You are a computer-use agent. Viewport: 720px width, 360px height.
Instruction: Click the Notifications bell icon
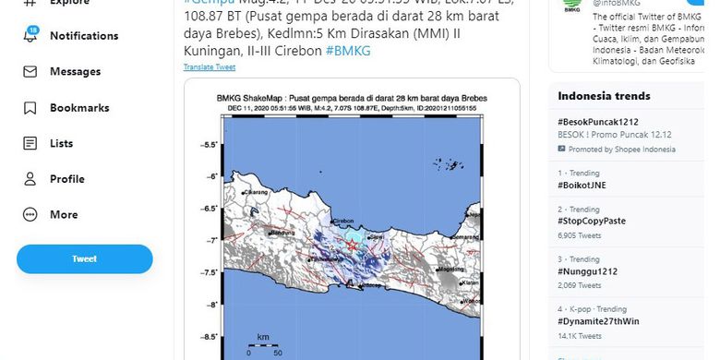(x=30, y=36)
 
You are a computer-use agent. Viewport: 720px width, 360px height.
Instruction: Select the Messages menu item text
(x=76, y=72)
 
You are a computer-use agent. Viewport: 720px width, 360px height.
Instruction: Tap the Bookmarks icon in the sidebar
(x=30, y=108)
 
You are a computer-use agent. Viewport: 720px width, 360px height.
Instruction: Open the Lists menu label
(x=62, y=143)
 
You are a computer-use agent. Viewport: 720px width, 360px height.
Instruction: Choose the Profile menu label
(x=67, y=179)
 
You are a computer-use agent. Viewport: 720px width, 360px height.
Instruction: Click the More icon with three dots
(x=30, y=215)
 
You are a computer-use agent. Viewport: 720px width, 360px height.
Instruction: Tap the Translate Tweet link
(x=210, y=67)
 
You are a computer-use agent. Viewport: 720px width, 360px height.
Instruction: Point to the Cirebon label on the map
(x=343, y=222)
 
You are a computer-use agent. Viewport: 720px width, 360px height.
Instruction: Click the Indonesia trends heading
(x=604, y=96)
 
